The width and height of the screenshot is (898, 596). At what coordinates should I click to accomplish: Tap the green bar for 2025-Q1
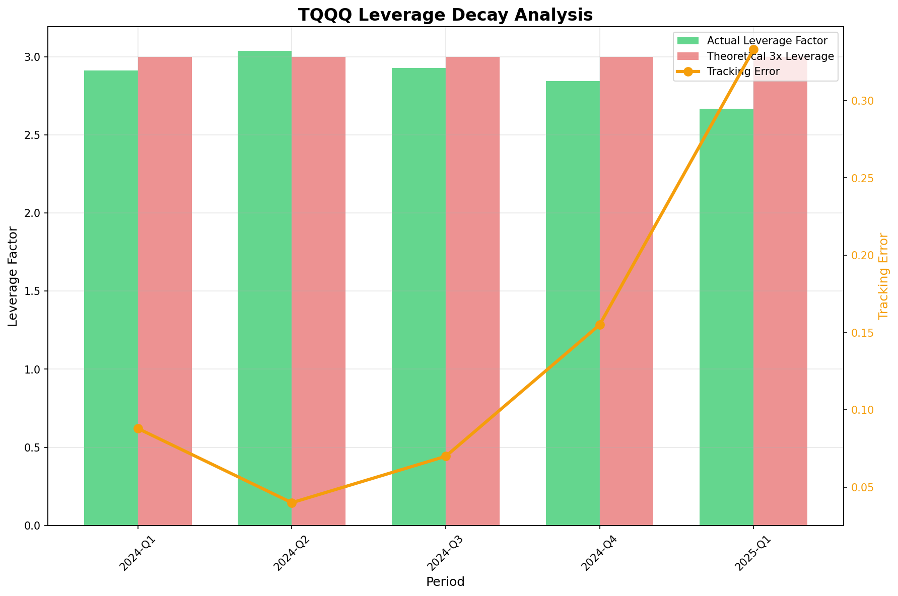click(726, 317)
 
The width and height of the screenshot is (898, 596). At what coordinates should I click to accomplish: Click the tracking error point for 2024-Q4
click(599, 325)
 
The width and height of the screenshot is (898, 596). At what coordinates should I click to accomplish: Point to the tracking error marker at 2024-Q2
click(292, 502)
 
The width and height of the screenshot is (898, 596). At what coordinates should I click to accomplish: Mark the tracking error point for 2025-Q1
click(753, 49)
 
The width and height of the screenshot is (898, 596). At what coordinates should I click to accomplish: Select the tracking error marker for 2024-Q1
click(138, 428)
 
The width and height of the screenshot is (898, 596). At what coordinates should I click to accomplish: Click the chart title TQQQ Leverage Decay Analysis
click(445, 15)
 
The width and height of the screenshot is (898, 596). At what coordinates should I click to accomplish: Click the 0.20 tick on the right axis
click(861, 256)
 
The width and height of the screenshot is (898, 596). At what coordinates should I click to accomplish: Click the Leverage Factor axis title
click(13, 276)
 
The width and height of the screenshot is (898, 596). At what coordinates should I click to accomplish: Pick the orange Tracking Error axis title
click(883, 276)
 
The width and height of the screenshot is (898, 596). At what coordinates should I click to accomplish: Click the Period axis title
click(445, 582)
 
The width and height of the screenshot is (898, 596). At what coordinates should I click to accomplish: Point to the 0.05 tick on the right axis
click(861, 488)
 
